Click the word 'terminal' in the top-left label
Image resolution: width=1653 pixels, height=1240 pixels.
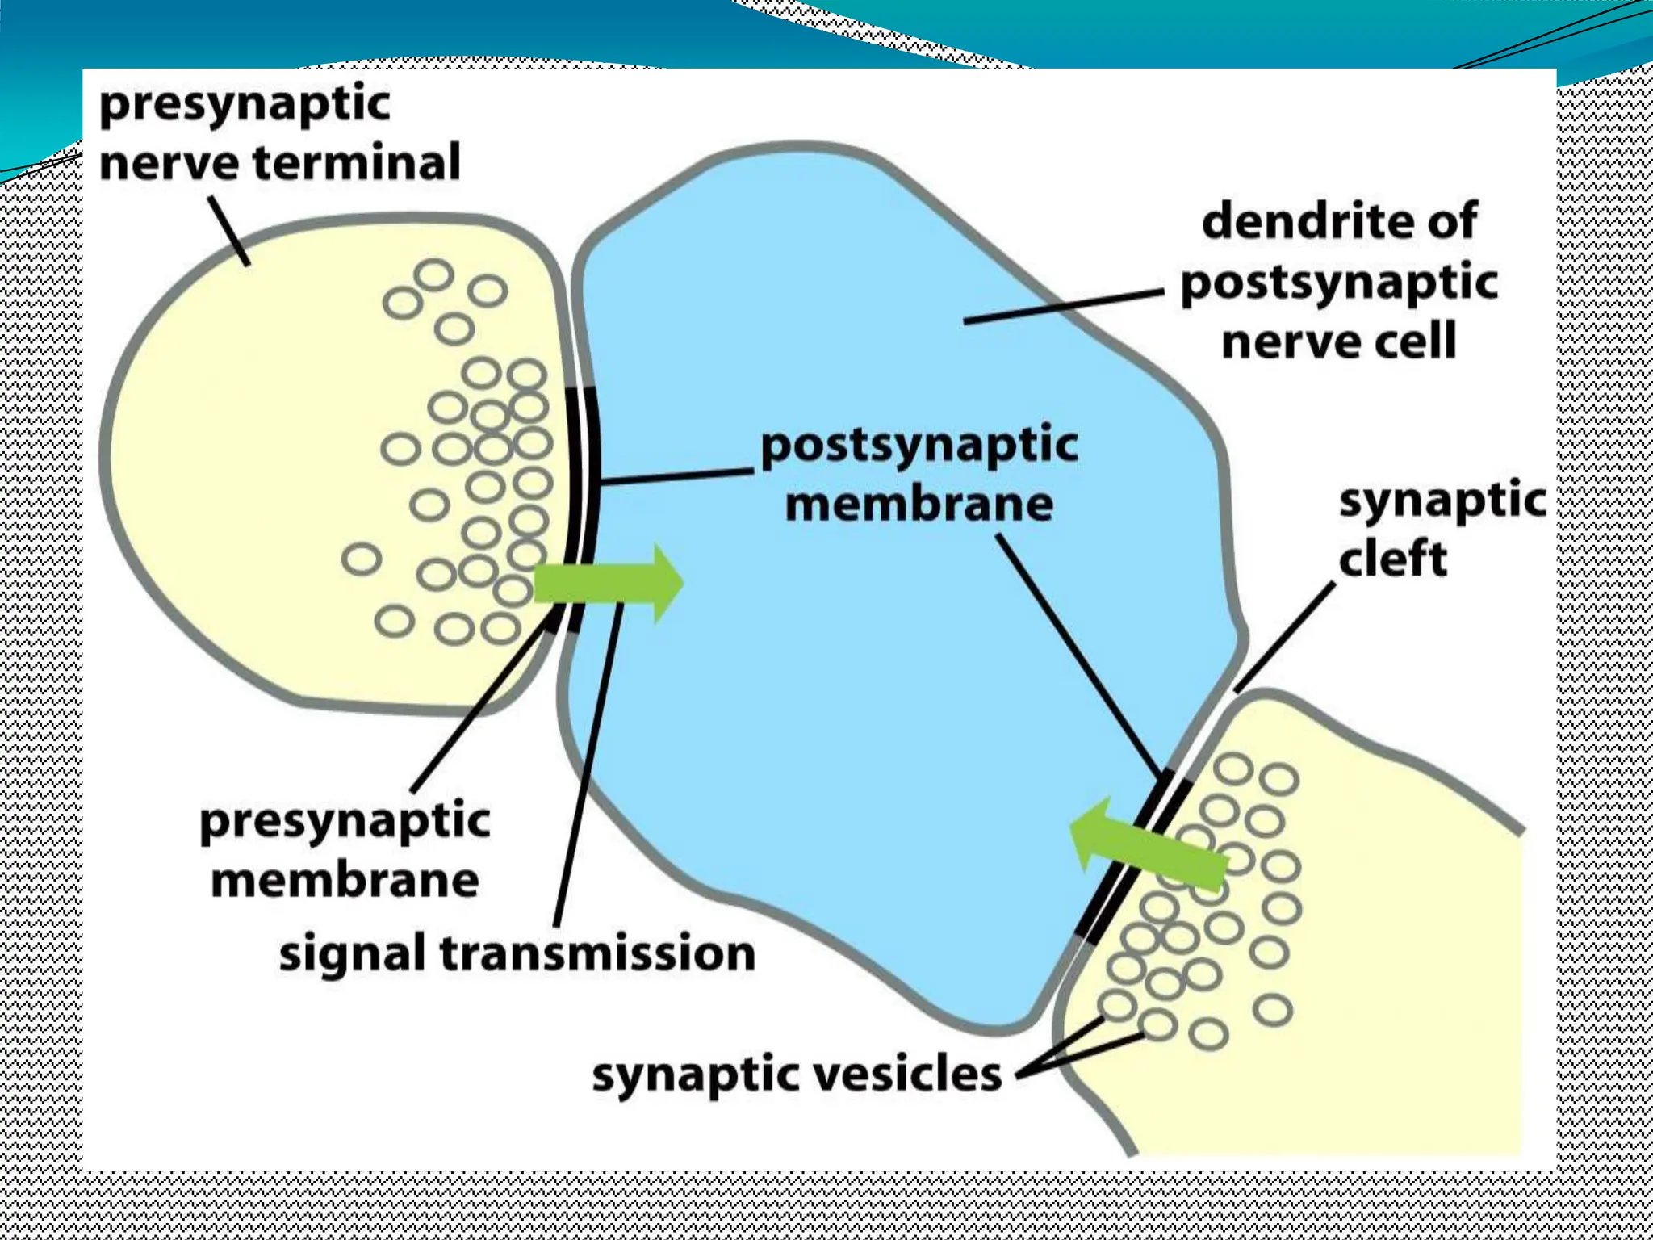coord(357,161)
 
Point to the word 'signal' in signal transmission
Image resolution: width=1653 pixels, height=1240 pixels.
coord(352,954)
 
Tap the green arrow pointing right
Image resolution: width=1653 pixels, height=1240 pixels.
coord(609,583)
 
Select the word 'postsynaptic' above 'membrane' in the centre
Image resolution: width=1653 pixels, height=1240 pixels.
coord(919,446)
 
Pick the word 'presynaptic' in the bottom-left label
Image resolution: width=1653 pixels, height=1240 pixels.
coord(345,822)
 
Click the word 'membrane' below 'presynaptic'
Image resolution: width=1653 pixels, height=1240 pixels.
coord(345,880)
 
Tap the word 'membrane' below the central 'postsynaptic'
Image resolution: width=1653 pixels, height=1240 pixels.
coord(919,505)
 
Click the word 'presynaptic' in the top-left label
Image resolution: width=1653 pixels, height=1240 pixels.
coord(245,105)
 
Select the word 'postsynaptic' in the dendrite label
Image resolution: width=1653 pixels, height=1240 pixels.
coord(1339,283)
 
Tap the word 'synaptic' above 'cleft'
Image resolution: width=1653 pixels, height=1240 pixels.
coord(1442,501)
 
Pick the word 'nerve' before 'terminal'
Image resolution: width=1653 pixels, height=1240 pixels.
coord(169,163)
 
